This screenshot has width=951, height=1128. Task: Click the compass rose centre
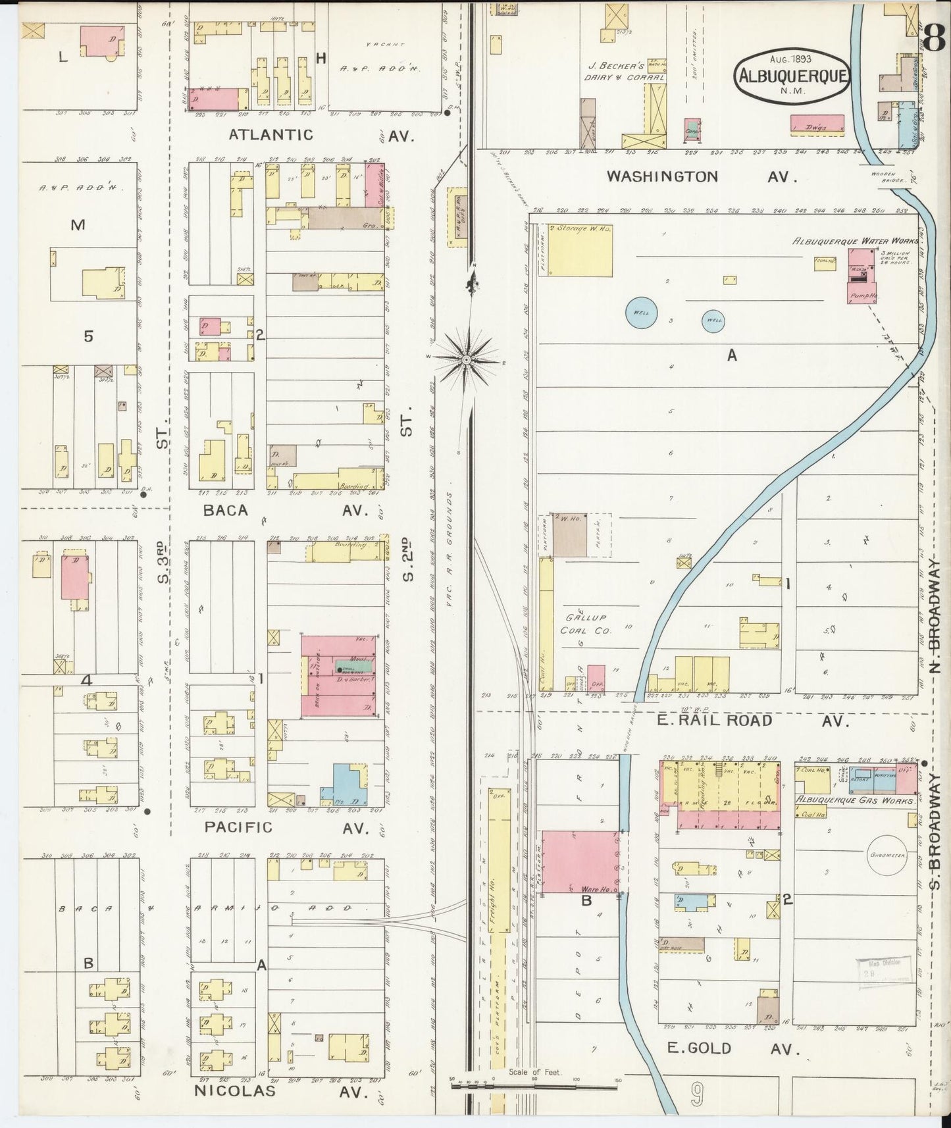point(466,359)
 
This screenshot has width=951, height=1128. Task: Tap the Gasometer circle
point(887,855)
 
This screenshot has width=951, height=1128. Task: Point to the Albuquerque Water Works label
point(855,241)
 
